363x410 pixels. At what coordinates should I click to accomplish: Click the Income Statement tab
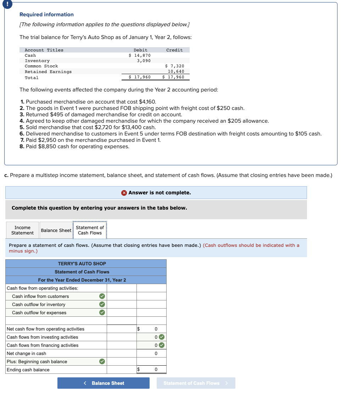click(x=22, y=230)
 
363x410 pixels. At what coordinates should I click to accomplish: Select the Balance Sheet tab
click(x=56, y=231)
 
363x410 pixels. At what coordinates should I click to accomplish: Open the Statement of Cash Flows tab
click(x=90, y=230)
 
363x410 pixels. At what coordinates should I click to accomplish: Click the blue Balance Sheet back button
click(x=104, y=383)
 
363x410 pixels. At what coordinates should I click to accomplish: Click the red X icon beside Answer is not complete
click(x=124, y=193)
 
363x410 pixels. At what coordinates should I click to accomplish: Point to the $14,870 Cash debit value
click(x=140, y=55)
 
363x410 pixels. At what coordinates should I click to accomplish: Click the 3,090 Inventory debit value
click(x=144, y=61)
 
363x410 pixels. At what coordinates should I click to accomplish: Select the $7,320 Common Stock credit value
click(x=175, y=66)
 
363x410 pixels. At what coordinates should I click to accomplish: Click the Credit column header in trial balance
click(x=174, y=50)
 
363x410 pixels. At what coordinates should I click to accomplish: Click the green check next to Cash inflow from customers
click(x=102, y=296)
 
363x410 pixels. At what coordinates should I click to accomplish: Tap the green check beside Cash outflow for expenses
click(x=102, y=312)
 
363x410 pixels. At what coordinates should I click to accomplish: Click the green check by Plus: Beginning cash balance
click(x=102, y=361)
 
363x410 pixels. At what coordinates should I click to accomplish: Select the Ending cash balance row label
click(x=28, y=370)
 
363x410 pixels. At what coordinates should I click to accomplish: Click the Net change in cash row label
click(x=27, y=353)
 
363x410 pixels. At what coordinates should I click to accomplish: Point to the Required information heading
click(x=46, y=15)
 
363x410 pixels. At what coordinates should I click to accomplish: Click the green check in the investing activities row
click(x=162, y=337)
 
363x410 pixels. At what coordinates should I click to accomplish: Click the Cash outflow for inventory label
click(x=39, y=304)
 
